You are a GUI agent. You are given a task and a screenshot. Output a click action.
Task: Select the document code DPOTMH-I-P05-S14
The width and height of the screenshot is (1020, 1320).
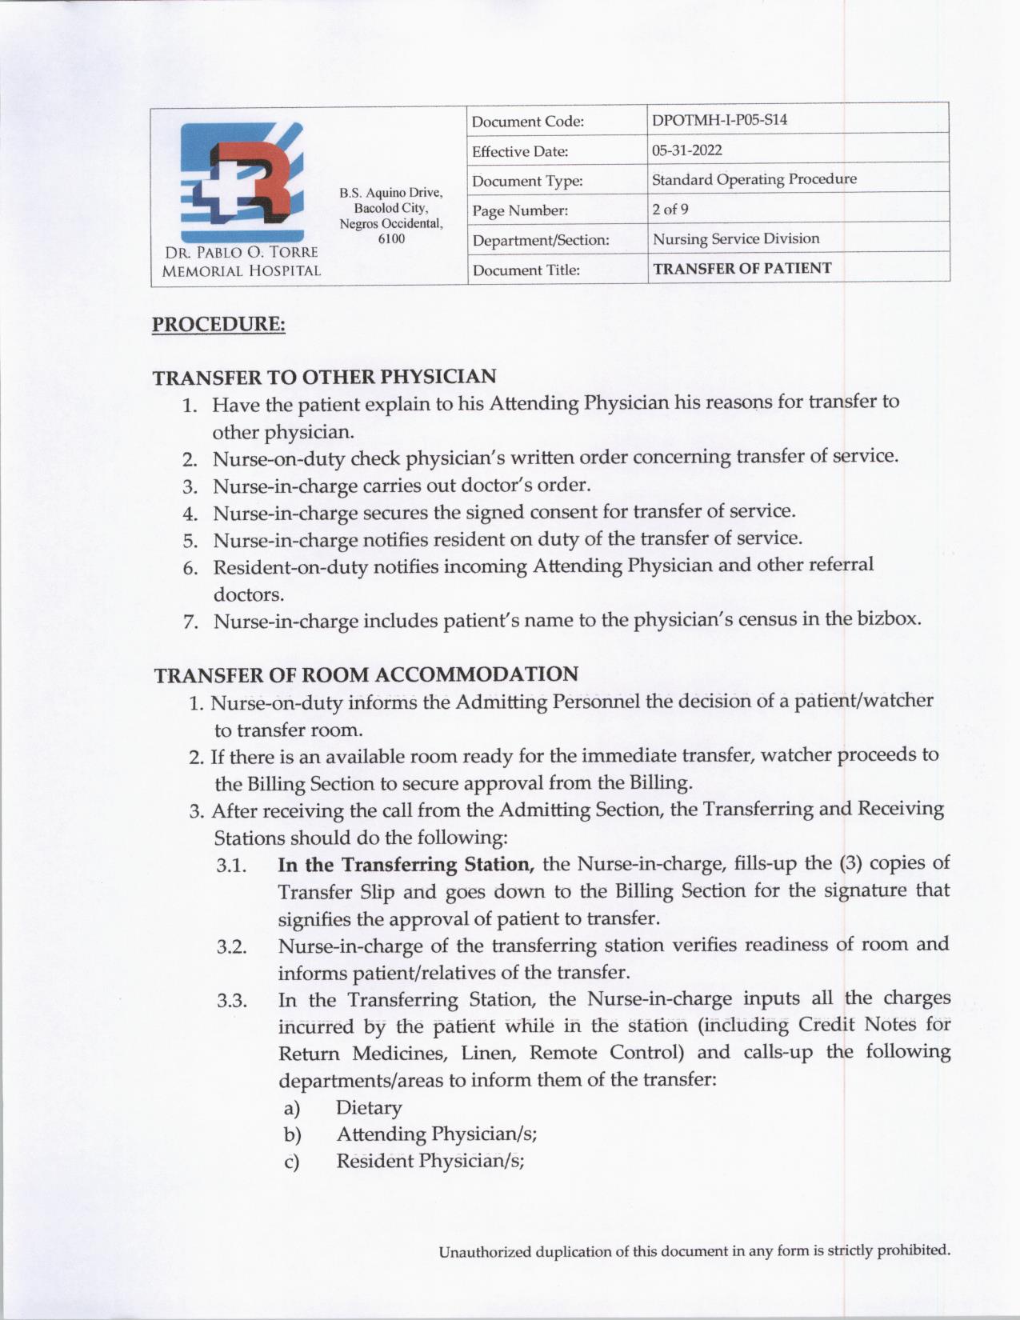(719, 120)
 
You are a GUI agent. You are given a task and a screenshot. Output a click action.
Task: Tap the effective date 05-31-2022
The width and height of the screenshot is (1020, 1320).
(686, 150)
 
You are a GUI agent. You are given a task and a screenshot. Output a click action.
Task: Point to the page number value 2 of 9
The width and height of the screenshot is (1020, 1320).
(670, 209)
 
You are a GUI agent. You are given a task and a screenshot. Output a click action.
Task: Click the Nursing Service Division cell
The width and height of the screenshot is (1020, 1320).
(735, 238)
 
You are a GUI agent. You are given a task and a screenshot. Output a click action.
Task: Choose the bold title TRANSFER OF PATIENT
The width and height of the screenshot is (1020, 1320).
(742, 268)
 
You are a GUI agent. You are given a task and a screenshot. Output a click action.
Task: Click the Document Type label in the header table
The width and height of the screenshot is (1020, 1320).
(527, 181)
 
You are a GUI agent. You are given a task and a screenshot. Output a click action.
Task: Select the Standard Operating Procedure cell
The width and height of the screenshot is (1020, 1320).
(754, 179)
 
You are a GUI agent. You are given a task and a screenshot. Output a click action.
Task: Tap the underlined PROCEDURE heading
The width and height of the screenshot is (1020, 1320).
(218, 324)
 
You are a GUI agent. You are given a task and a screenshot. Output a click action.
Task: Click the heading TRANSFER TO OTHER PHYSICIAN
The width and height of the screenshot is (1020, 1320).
(324, 376)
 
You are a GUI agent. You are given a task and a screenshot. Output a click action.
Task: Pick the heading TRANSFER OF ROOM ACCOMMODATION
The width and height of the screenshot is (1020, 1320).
(366, 674)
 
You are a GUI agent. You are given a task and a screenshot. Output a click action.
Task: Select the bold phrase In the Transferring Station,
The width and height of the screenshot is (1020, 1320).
(406, 865)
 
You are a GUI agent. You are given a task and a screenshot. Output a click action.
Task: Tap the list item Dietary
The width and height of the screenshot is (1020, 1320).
(368, 1107)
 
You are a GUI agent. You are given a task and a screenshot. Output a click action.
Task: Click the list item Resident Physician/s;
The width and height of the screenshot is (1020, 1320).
(430, 1161)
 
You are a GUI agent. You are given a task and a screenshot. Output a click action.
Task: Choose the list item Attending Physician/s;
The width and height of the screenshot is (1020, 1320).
(436, 1134)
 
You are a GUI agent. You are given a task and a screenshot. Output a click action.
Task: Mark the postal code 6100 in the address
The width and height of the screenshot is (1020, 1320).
(391, 238)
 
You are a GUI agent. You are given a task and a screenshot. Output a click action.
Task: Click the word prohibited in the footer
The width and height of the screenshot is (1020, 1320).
(913, 1250)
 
